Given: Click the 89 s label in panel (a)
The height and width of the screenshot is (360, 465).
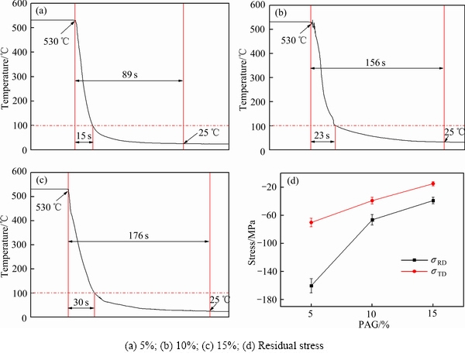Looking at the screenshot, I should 129,74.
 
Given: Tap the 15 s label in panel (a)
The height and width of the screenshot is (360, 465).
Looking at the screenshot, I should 84,135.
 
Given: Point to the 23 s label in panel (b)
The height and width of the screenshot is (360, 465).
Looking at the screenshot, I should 322,135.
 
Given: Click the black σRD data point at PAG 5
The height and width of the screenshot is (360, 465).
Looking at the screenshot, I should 311,286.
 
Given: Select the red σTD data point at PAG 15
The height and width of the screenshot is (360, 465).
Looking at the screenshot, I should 433,183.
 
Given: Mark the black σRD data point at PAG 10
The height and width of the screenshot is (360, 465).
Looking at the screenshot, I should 372,220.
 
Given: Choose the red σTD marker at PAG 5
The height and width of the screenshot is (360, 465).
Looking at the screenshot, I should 311,222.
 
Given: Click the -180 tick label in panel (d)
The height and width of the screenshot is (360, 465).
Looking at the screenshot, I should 270,300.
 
